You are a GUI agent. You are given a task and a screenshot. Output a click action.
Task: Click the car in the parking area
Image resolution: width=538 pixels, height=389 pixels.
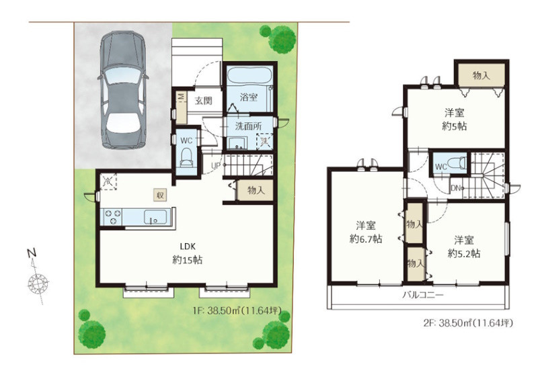[123, 90]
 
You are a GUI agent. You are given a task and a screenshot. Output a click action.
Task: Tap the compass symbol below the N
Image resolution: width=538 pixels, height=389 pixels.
[38, 284]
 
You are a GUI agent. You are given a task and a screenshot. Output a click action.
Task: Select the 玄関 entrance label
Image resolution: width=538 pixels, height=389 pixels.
[204, 101]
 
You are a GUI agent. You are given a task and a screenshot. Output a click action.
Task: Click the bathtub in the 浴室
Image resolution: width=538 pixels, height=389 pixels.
[249, 78]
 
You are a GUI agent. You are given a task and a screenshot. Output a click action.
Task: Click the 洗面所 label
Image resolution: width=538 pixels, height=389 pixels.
[248, 126]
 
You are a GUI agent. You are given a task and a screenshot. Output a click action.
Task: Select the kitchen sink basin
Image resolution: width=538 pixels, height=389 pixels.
[155, 217]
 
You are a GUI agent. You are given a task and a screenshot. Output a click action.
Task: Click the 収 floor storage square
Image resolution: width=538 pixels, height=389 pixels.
[160, 196]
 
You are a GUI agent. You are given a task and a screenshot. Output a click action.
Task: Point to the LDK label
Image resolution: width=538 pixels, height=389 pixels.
[188, 246]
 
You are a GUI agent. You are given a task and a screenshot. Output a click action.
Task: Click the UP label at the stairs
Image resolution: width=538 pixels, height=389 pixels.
[215, 166]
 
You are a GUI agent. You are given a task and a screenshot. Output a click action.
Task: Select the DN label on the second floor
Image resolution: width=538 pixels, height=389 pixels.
[455, 188]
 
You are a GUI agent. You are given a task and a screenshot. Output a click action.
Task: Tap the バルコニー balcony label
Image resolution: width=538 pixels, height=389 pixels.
[423, 295]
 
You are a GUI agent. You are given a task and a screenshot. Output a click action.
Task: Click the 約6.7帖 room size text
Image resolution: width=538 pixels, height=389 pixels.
[366, 239]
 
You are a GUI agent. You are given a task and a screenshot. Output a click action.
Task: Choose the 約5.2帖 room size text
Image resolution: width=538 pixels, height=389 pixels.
[464, 253]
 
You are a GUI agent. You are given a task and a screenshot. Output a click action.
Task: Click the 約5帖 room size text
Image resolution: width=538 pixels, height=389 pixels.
[455, 126]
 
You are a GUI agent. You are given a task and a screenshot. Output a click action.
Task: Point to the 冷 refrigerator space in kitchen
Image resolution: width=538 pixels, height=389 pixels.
[108, 181]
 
